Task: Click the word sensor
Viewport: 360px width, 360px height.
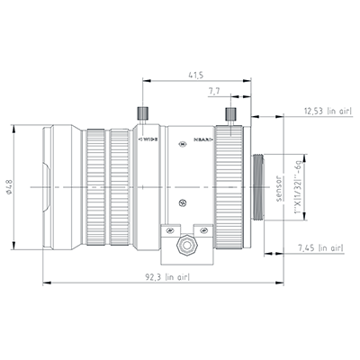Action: (x=279, y=187)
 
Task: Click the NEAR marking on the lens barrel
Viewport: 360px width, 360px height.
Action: (x=202, y=140)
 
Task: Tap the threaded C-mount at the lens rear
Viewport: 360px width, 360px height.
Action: (x=262, y=187)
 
